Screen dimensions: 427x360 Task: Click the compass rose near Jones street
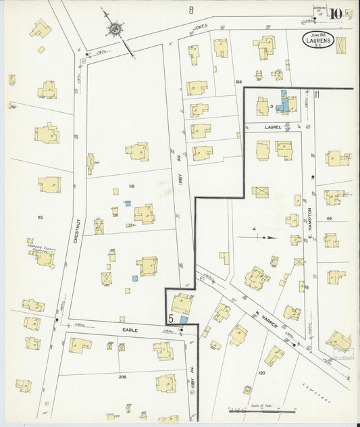pyautogui.click(x=115, y=28)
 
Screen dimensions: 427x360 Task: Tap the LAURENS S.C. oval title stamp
pyautogui.click(x=317, y=40)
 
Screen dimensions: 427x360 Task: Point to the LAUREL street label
pyautogui.click(x=273, y=126)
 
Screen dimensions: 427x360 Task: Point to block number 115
pyautogui.click(x=40, y=217)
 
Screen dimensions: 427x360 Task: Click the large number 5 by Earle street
pyautogui.click(x=172, y=318)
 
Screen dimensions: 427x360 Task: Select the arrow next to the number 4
pyautogui.click(x=261, y=237)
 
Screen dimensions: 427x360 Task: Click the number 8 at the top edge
pyautogui.click(x=191, y=9)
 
